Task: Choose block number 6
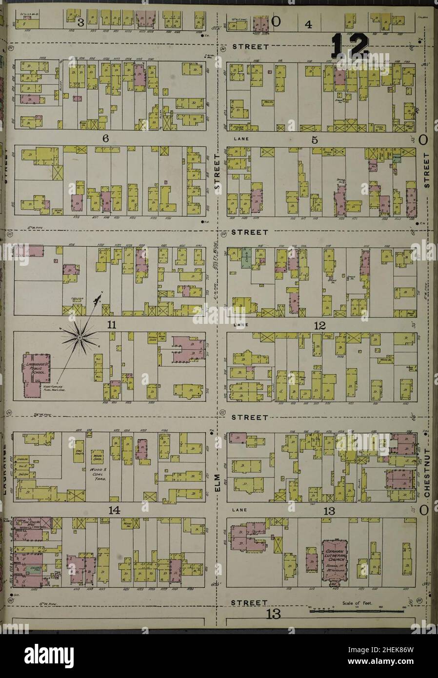click(x=104, y=139)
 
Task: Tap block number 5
click(x=315, y=140)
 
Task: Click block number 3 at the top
click(x=81, y=22)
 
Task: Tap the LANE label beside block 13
click(x=239, y=510)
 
